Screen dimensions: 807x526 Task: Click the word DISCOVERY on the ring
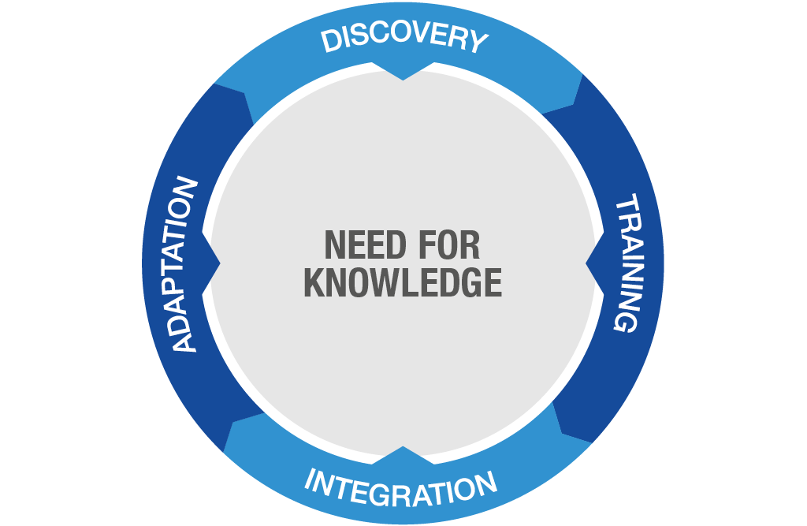(x=404, y=38)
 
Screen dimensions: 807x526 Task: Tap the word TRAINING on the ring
(x=628, y=263)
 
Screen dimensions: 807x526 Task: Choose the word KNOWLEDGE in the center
(x=403, y=282)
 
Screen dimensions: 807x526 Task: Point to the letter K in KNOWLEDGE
(x=314, y=282)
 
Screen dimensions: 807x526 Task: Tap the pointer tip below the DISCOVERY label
(x=403, y=80)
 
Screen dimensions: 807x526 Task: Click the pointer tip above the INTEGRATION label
(x=403, y=446)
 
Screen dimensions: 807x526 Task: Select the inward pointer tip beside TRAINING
(x=586, y=263)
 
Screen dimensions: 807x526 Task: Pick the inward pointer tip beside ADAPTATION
(x=221, y=263)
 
